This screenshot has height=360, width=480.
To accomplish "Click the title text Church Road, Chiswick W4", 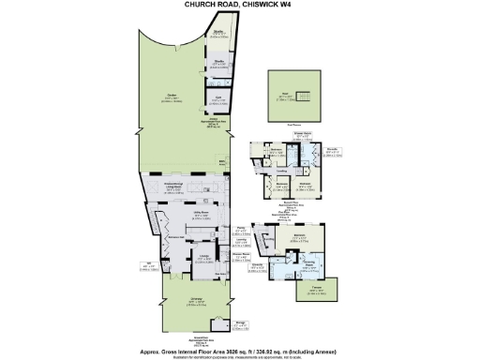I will pyautogui.click(x=240, y=5).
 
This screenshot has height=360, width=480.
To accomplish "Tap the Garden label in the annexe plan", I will pyautogui.click(x=172, y=96).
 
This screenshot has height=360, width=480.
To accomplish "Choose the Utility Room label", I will pyautogui.click(x=200, y=215).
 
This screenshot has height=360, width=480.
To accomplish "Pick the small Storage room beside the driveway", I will pyautogui.click(x=242, y=323).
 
